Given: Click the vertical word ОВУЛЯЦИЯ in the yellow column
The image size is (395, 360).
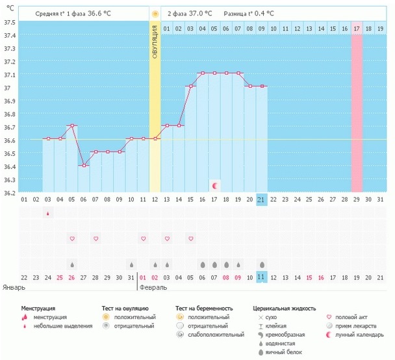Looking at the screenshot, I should (x=155, y=42).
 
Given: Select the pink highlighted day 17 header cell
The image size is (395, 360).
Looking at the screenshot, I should (x=356, y=29).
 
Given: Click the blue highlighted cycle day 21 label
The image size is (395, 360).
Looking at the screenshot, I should (x=261, y=199).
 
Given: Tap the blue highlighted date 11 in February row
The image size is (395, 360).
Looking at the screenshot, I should (x=261, y=277).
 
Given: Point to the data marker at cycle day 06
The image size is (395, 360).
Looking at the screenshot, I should (x=84, y=165).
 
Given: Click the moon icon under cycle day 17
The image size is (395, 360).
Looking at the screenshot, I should (x=214, y=186).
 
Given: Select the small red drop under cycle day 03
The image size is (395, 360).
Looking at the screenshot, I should (x=48, y=213).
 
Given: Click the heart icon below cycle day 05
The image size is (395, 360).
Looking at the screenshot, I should (x=72, y=239).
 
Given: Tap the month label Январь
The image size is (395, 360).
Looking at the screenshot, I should (x=14, y=287).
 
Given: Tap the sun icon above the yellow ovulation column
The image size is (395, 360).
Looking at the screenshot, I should (x=155, y=14).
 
